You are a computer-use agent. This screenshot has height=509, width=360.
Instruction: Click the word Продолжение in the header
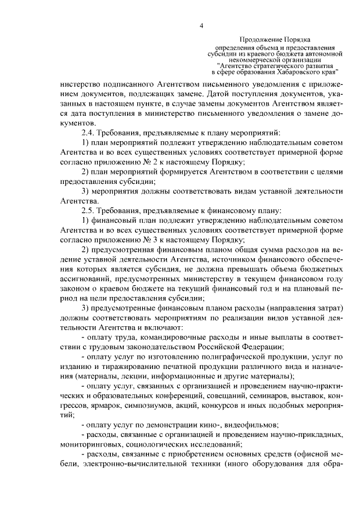tap(258, 40)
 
